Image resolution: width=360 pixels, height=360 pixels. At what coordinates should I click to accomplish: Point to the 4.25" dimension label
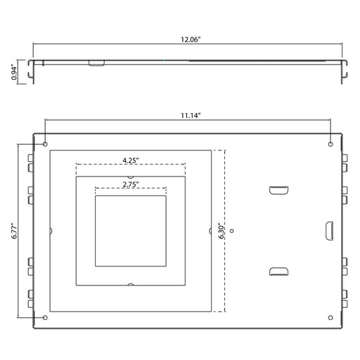point(130,160)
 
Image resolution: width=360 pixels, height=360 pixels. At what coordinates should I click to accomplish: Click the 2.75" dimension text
point(130,184)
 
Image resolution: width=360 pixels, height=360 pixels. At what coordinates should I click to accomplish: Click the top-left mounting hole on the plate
point(46,144)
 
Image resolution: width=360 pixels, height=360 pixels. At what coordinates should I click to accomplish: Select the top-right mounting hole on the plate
point(330,144)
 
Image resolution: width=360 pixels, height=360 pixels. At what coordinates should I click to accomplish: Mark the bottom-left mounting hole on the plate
point(46,316)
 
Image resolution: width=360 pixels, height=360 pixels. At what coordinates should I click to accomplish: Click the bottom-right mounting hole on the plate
point(330,316)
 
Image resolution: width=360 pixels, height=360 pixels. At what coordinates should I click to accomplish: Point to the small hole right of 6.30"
point(233,230)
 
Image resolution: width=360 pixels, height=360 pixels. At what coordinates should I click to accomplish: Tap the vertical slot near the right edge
point(328,230)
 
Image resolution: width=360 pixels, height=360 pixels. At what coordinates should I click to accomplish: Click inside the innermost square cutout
point(130,230)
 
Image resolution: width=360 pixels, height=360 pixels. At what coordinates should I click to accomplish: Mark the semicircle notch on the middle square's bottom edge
point(130,284)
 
